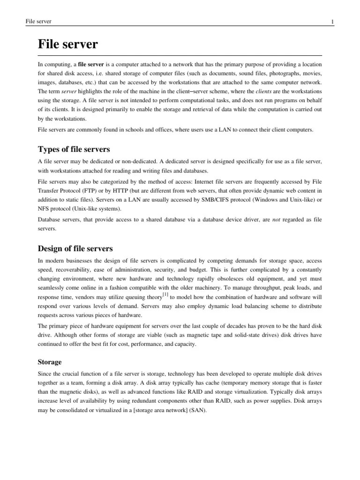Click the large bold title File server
pos(68,45)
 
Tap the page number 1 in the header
pos(332,22)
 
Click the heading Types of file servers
pos(74,150)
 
